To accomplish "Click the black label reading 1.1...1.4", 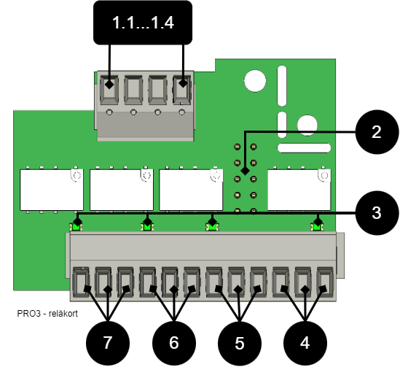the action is pyautogui.click(x=143, y=23).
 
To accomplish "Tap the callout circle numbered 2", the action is pyautogui.click(x=377, y=132).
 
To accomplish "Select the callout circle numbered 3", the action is pyautogui.click(x=377, y=213).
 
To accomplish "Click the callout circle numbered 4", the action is pyautogui.click(x=305, y=343).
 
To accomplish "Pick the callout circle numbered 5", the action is pyautogui.click(x=240, y=343).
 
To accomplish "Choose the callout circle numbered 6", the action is pyautogui.click(x=174, y=343).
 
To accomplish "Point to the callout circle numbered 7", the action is pyautogui.click(x=108, y=343).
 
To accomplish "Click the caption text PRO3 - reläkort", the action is pyautogui.click(x=47, y=313).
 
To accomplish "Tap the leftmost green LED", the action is pyautogui.click(x=76, y=227).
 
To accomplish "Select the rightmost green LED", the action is pyautogui.click(x=317, y=227).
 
